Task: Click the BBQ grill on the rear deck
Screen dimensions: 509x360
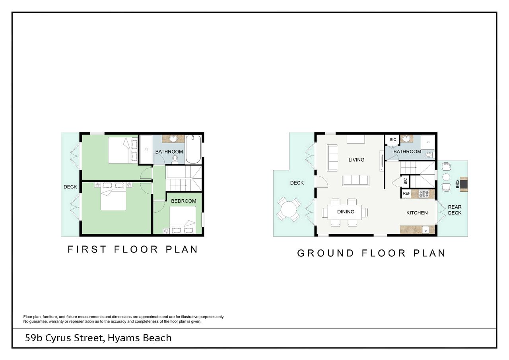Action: pyautogui.click(x=464, y=184)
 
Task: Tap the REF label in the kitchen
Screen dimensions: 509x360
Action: pyautogui.click(x=406, y=193)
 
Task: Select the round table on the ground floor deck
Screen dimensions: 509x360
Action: pyautogui.click(x=289, y=209)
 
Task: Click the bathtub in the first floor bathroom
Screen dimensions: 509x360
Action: pyautogui.click(x=193, y=149)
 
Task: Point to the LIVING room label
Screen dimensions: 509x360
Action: pyautogui.click(x=356, y=160)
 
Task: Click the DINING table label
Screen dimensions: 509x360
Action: pyautogui.click(x=346, y=212)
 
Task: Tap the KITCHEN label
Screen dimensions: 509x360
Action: pyautogui.click(x=417, y=213)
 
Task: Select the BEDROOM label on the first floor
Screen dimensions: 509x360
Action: pyautogui.click(x=184, y=201)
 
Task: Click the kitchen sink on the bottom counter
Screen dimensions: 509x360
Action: pyautogui.click(x=425, y=230)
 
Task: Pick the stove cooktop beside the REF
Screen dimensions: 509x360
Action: pyautogui.click(x=424, y=194)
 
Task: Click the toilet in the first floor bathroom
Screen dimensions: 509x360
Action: pyautogui.click(x=175, y=159)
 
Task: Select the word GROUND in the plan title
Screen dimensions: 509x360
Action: pyautogui.click(x=325, y=253)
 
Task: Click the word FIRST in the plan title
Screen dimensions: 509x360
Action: pyautogui.click(x=87, y=249)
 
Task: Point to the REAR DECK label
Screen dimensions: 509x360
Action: pyautogui.click(x=455, y=210)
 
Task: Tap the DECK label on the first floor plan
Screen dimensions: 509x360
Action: pyautogui.click(x=70, y=187)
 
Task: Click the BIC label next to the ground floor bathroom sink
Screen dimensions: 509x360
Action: pyautogui.click(x=393, y=140)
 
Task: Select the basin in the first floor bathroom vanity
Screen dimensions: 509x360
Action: pyautogui.click(x=174, y=138)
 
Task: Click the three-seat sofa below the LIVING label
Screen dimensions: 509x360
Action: pyautogui.click(x=356, y=181)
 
